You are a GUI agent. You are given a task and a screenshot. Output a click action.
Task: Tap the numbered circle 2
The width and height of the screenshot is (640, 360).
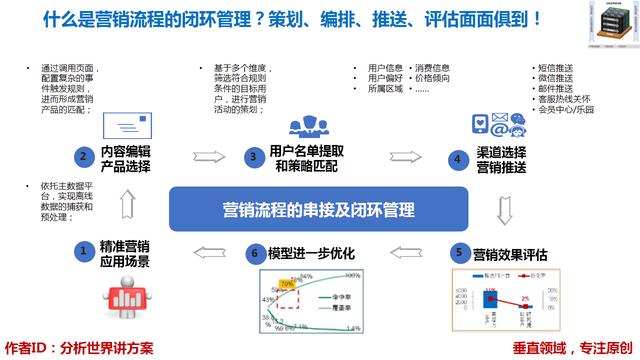click(86, 156)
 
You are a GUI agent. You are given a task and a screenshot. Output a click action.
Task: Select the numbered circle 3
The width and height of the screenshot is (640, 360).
click(256, 156)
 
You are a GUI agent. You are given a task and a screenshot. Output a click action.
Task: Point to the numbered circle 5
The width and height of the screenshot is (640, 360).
click(458, 252)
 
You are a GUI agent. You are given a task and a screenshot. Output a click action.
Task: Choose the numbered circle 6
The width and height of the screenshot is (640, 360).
click(255, 252)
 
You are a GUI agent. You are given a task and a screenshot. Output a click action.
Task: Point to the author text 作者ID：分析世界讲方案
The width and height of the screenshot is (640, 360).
click(79, 346)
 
